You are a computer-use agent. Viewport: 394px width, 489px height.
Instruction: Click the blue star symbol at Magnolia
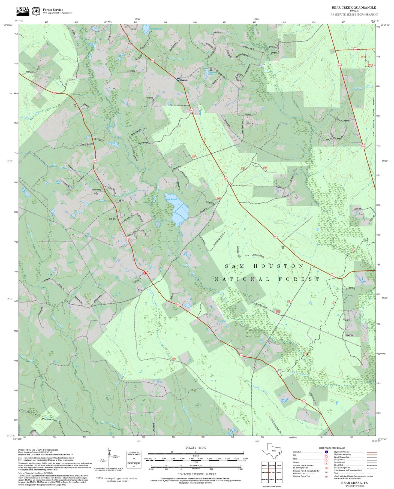click(178, 80)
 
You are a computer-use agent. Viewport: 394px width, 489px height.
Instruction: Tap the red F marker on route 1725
click(145, 273)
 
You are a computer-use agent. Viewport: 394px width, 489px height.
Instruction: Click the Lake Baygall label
click(172, 200)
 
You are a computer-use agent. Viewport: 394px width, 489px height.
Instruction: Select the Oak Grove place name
click(113, 219)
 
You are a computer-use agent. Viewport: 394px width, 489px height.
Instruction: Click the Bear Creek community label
click(96, 190)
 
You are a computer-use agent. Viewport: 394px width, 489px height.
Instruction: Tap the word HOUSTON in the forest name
click(278, 266)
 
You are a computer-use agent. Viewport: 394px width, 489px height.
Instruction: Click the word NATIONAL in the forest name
click(242, 279)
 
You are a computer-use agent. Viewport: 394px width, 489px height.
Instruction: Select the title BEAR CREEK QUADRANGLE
click(354, 8)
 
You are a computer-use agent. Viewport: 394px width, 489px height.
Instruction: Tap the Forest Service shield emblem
click(36, 11)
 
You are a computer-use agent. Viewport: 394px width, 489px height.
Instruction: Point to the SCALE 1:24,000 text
click(196, 448)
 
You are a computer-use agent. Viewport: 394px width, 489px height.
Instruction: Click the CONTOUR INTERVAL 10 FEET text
click(197, 474)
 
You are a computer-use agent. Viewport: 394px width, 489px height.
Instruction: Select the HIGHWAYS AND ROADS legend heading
click(332, 448)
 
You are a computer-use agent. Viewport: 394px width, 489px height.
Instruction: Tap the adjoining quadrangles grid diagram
click(272, 472)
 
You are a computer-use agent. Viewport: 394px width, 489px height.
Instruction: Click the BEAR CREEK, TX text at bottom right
click(354, 483)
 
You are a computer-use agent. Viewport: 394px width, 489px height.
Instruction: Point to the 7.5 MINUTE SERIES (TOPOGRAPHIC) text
click(354, 14)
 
